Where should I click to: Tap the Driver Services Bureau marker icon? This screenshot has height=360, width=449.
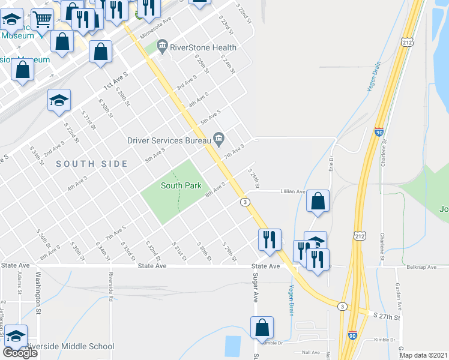[219, 140]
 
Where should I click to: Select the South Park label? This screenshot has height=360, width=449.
[181, 185]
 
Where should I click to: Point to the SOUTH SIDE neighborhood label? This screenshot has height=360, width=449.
[92, 164]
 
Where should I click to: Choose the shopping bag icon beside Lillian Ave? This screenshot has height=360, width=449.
[318, 202]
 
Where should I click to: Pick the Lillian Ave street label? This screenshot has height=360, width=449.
[291, 192]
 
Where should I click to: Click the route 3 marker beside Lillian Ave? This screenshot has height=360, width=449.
[246, 202]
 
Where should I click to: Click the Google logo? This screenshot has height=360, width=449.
[20, 353]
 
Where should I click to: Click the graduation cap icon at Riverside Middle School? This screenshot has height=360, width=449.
[15, 337]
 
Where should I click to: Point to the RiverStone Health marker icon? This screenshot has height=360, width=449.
[161, 46]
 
